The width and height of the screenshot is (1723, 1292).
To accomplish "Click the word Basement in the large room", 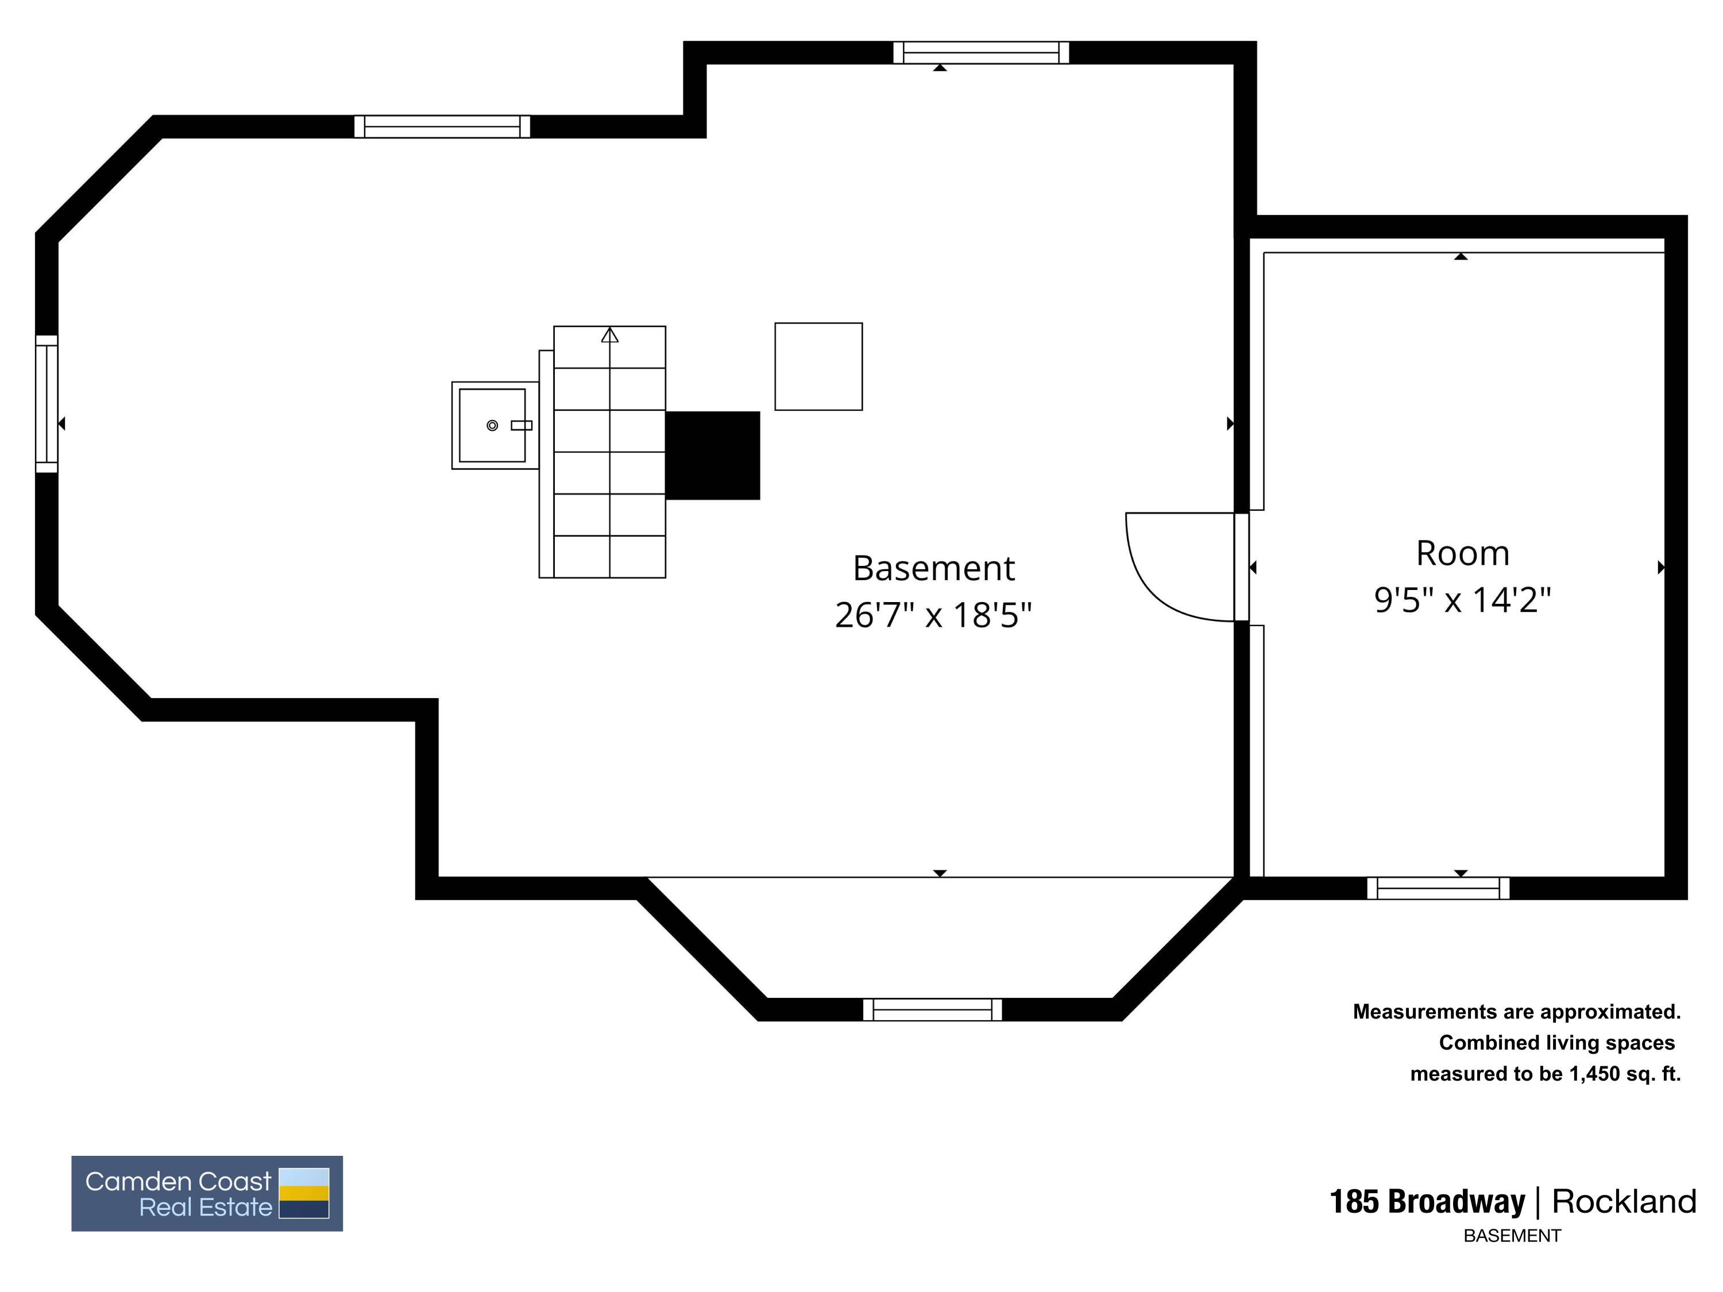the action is [933, 568].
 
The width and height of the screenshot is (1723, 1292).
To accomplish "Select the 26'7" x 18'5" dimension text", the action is [933, 615].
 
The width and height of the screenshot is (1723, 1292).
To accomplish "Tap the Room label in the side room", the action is [1462, 553].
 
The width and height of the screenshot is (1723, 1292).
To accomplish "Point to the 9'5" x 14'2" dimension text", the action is [1462, 600].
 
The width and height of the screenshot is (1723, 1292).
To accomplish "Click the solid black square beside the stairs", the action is [713, 455].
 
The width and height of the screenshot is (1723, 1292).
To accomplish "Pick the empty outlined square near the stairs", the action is [818, 367].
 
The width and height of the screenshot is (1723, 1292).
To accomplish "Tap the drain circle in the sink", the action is [492, 426].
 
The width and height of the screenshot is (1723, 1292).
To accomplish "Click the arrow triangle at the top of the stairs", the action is [610, 335].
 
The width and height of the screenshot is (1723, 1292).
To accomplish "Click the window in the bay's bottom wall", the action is [932, 1009].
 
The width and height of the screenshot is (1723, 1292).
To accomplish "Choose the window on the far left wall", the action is [47, 404].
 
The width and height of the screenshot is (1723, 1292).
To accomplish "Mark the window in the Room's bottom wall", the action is [1438, 888].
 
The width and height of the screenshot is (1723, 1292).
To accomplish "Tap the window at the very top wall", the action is [981, 52].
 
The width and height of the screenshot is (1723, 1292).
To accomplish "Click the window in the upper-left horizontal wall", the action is [442, 126].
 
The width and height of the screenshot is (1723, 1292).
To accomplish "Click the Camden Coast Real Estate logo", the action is [207, 1193].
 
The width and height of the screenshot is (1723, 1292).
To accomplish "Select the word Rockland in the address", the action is [1623, 1202].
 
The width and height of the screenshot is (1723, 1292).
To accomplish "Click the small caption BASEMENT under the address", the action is [1512, 1236].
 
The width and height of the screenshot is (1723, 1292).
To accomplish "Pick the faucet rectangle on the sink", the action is [521, 426].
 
